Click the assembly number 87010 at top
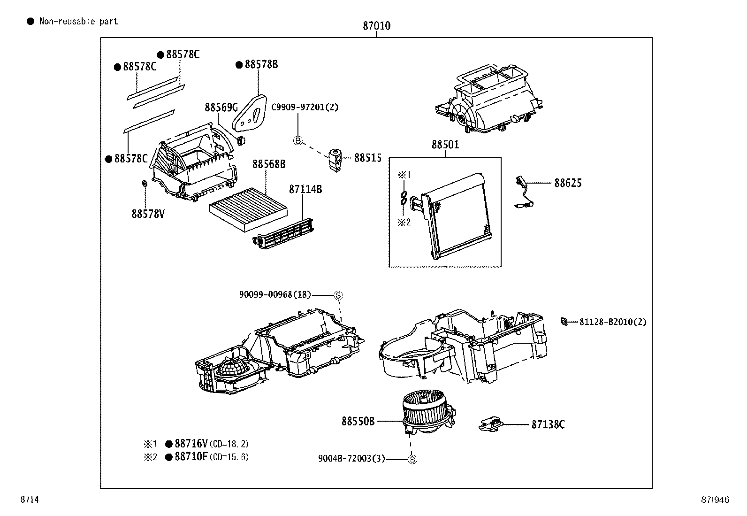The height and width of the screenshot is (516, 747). tap(376, 26)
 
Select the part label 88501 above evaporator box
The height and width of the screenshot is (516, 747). tap(445, 145)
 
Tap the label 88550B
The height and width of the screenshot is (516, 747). tap(358, 421)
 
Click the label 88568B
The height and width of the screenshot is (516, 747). tap(269, 164)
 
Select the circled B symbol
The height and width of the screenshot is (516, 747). tap(298, 140)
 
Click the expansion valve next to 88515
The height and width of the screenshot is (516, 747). tap(335, 160)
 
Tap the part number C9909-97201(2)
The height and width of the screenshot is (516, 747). tap(305, 107)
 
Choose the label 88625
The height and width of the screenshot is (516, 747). tap(568, 183)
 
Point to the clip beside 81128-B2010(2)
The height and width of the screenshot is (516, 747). tap(564, 322)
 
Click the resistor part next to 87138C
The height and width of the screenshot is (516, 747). tap(490, 424)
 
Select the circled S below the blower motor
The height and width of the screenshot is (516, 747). tap(412, 460)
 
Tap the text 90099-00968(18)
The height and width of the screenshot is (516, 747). tap(274, 295)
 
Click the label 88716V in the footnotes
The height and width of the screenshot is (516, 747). tap(191, 444)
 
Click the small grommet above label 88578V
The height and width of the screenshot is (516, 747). tap(145, 183)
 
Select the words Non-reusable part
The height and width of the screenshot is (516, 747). tap(78, 21)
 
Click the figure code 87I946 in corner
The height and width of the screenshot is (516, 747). tap(715, 500)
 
